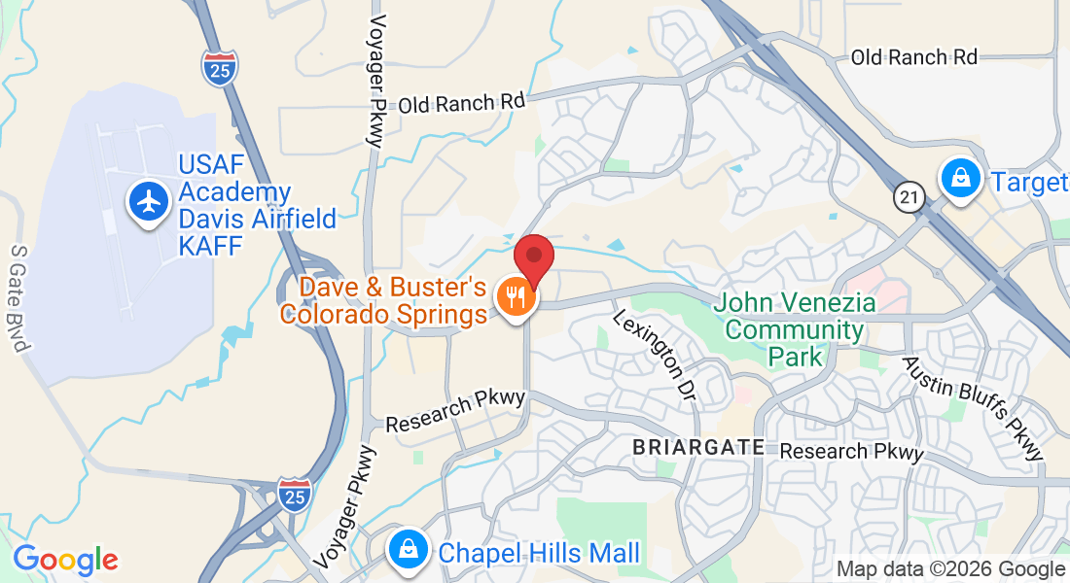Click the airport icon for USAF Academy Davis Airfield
tap(149, 202)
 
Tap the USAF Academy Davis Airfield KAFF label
tap(257, 206)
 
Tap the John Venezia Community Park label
tap(794, 330)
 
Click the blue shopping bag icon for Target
tap(960, 179)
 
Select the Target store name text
tap(1029, 183)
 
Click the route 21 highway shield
tap(909, 198)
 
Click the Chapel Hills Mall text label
tap(539, 554)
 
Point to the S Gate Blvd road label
tap(21, 300)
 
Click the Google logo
tap(65, 561)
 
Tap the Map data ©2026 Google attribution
tap(950, 569)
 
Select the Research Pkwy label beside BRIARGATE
tap(851, 452)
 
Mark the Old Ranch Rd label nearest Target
tap(913, 57)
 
